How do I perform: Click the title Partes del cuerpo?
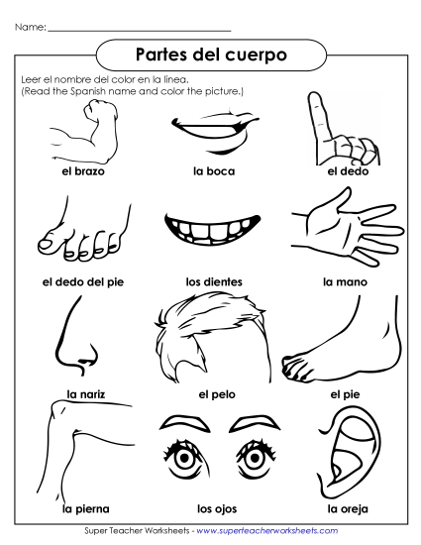[x=209, y=54]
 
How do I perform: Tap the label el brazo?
[x=81, y=170]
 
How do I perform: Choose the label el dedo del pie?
[x=81, y=281]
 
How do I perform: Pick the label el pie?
[x=343, y=393]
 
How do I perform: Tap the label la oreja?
[x=347, y=509]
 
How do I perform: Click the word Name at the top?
[x=31, y=27]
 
